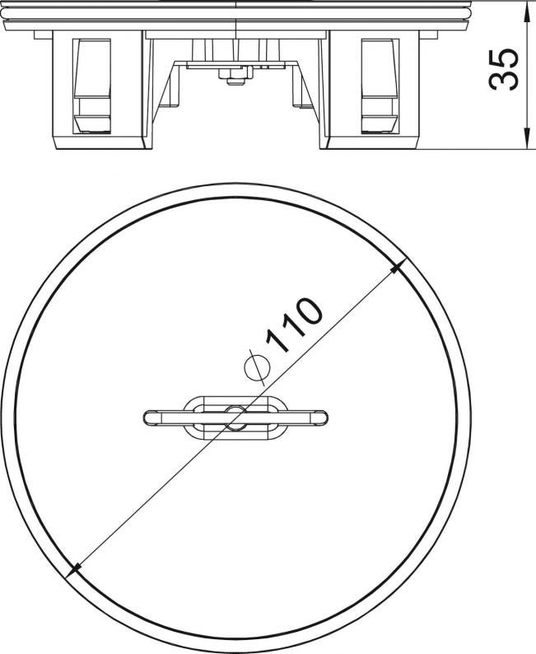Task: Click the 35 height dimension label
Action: (504, 69)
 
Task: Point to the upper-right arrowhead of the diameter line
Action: (398, 268)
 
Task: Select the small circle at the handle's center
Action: (235, 416)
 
